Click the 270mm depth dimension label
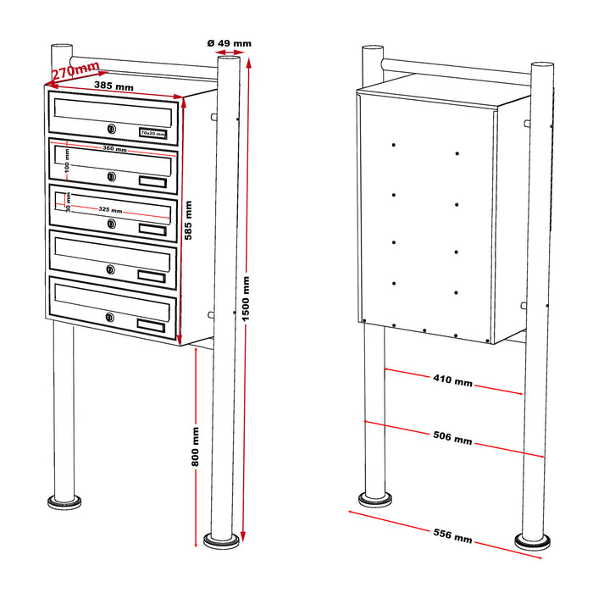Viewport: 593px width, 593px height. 75,70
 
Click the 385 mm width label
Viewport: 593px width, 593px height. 114,86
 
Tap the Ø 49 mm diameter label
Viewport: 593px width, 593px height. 229,42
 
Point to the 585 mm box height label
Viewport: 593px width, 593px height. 188,221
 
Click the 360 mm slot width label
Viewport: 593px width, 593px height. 114,149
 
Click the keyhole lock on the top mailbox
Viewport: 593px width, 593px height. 111,129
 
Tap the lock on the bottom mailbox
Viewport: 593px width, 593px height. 110,318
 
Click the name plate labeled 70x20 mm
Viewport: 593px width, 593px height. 153,133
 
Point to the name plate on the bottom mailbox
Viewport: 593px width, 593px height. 153,324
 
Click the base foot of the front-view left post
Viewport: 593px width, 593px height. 64,503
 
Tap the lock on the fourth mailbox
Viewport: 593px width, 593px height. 110,269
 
